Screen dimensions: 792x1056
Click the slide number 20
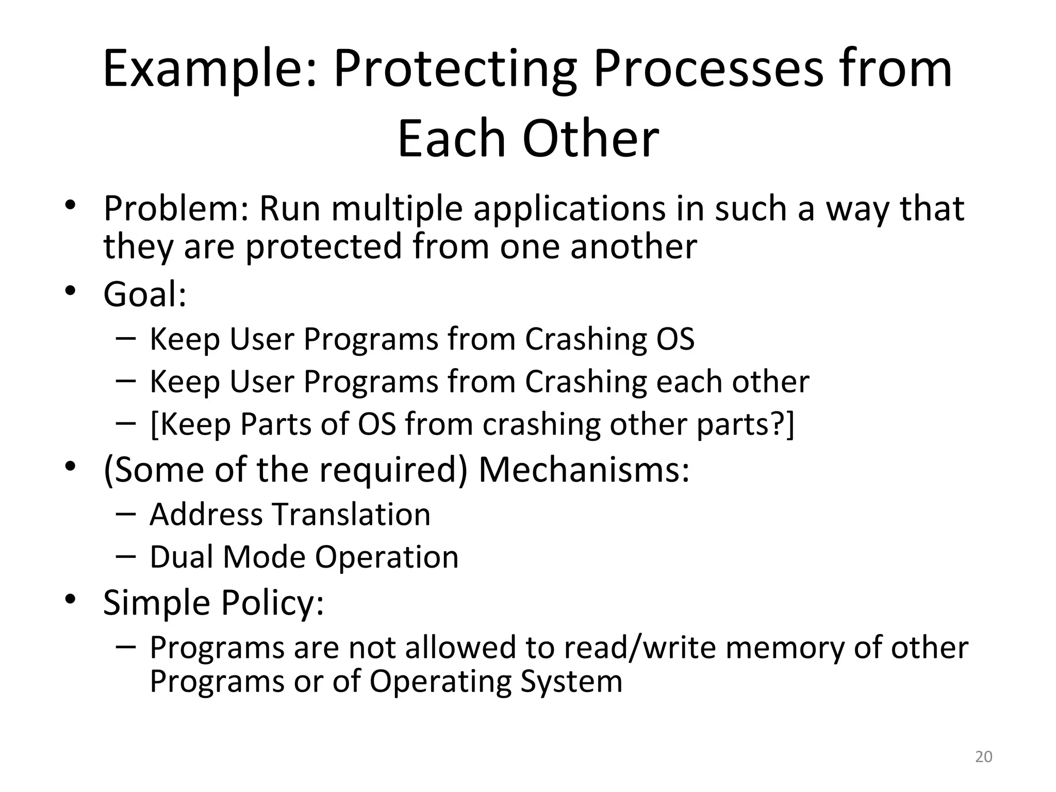pyautogui.click(x=984, y=756)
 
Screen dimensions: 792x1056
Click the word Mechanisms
pyautogui.click(x=584, y=470)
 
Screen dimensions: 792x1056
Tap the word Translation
pyautogui.click(x=351, y=515)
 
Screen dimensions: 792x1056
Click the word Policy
pyautogui.click(x=273, y=602)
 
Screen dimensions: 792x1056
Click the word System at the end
pyautogui.click(x=571, y=681)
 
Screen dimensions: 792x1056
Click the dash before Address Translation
pyautogui.click(x=126, y=514)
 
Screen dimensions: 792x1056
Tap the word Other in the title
pyautogui.click(x=590, y=139)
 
